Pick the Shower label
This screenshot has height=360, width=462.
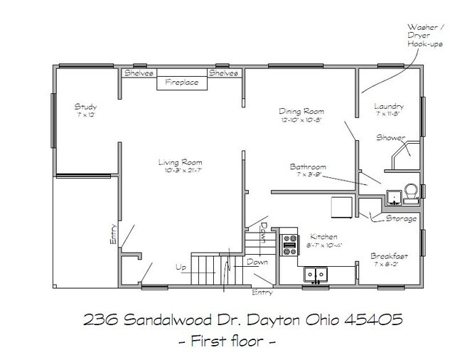(x=390, y=137)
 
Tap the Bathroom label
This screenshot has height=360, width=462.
(x=308, y=166)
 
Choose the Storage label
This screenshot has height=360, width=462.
(x=401, y=218)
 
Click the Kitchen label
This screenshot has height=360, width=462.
(x=322, y=237)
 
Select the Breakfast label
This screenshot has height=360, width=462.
(x=388, y=255)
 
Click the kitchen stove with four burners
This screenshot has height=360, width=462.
(x=289, y=245)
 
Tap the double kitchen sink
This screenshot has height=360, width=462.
(x=315, y=273)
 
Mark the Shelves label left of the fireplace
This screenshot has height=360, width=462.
(x=139, y=73)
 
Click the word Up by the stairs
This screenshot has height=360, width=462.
(x=182, y=268)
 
